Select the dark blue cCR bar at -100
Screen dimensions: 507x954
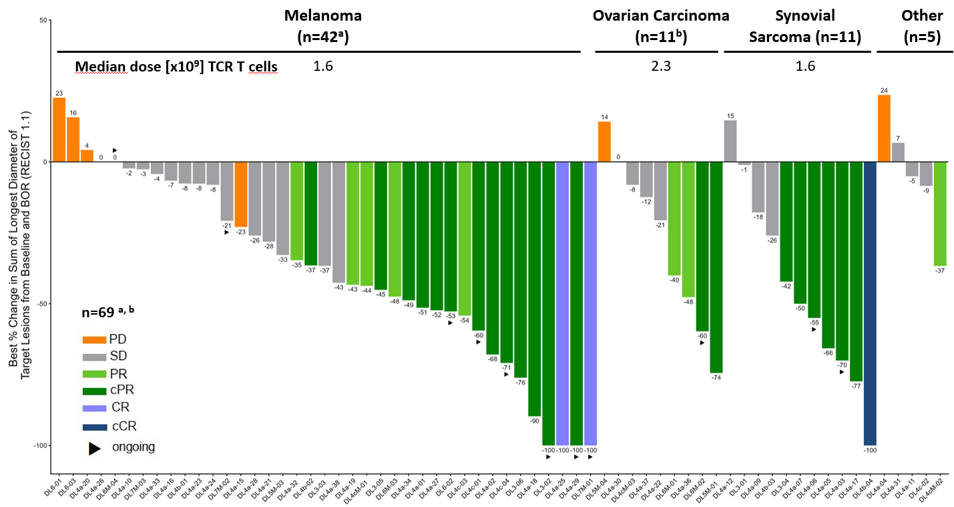tap(870, 303)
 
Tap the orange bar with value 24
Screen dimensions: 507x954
tap(883, 128)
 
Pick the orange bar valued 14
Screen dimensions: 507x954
tap(604, 142)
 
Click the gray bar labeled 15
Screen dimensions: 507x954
tap(730, 141)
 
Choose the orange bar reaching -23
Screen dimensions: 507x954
tap(241, 194)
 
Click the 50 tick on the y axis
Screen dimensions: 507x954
tap(43, 21)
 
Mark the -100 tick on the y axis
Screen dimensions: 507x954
tap(41, 446)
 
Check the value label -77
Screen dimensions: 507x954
tap(856, 386)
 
